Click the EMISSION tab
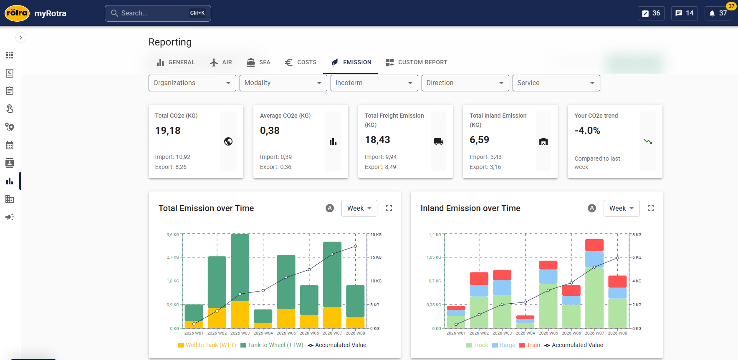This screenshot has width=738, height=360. click(351, 62)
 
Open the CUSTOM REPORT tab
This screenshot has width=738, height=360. click(416, 62)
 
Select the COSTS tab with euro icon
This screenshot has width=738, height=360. click(301, 62)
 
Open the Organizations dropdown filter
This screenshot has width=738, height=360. click(192, 83)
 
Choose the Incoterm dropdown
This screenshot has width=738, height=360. click(374, 83)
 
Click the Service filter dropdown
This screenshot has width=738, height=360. click(556, 83)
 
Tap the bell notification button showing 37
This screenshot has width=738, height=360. click(718, 13)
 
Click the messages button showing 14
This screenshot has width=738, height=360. click(685, 13)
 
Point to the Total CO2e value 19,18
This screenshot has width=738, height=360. click(168, 131)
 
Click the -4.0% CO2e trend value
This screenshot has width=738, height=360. click(587, 131)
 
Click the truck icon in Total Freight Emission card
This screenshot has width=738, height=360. click(438, 141)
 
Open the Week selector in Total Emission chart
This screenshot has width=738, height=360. click(359, 208)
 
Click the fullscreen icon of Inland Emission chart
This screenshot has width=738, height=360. click(651, 208)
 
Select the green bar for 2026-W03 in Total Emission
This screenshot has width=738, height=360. click(240, 267)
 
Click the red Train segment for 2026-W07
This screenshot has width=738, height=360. click(594, 245)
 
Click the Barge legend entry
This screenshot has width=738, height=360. click(504, 345)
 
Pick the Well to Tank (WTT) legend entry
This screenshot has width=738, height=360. click(207, 345)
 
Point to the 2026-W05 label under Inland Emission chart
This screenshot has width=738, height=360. click(548, 333)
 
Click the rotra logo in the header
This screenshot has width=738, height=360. click(17, 13)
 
